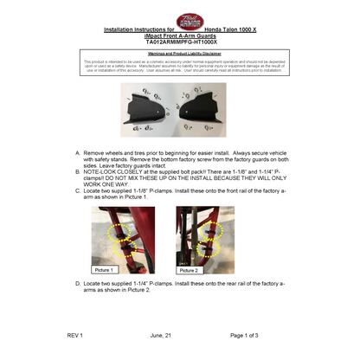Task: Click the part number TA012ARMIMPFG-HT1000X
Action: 179,41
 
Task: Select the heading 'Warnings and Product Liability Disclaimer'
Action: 179,53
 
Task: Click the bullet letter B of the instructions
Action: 79,171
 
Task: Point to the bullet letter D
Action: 79,283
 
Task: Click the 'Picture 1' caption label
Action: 106,269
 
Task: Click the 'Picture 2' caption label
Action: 190,269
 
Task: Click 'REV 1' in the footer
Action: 74,334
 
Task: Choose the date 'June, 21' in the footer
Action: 162,334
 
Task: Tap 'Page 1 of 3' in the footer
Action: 250,334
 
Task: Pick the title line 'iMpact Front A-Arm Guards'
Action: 179,35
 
